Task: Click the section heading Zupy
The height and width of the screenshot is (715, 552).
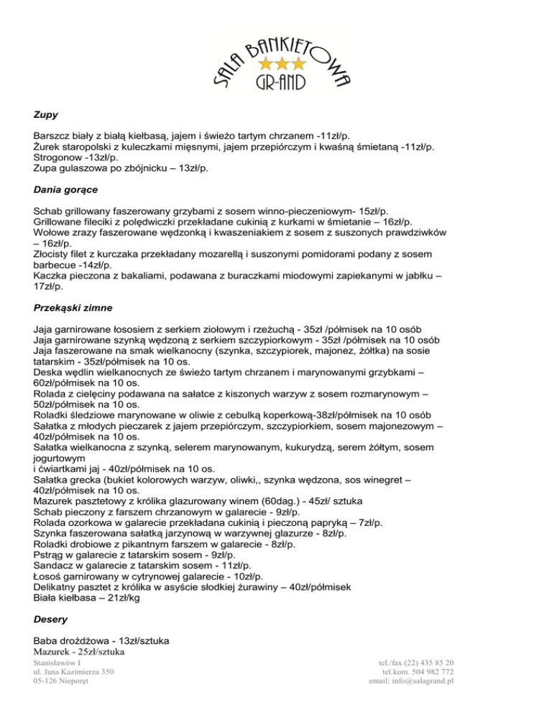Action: tap(46, 114)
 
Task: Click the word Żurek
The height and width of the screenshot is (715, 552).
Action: tap(48, 147)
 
